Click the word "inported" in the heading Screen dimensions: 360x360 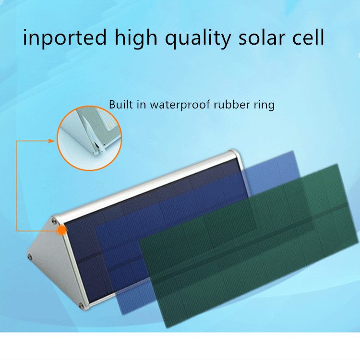pos(65,37)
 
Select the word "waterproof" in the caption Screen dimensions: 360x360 pos(180,105)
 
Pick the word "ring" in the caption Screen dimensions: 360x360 pos(264,106)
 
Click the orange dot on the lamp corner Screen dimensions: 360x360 pos(62,230)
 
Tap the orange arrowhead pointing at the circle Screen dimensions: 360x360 pos(51,141)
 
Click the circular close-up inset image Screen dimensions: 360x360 pos(89,138)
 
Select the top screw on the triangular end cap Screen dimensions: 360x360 pos(54,221)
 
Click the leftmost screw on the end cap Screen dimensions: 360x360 pos(30,256)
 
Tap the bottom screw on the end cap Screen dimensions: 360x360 pos(81,305)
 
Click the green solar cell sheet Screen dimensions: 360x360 pos(249,246)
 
